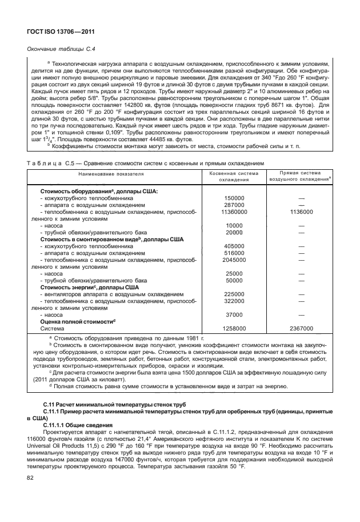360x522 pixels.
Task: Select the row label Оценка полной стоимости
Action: point(77,322)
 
